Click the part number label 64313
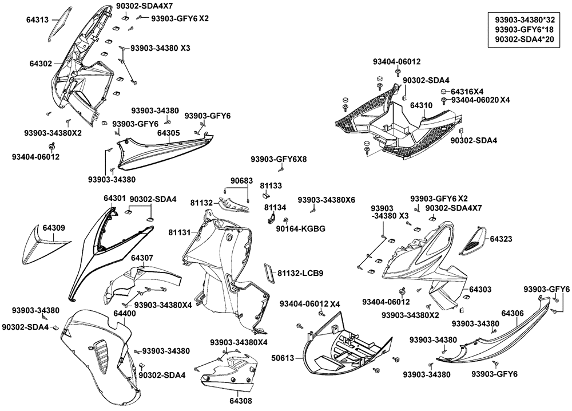coord(38,19)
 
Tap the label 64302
coord(41,64)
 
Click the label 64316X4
coord(467,92)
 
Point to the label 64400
coord(124,314)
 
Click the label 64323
coord(501,238)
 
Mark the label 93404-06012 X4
coord(310,303)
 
